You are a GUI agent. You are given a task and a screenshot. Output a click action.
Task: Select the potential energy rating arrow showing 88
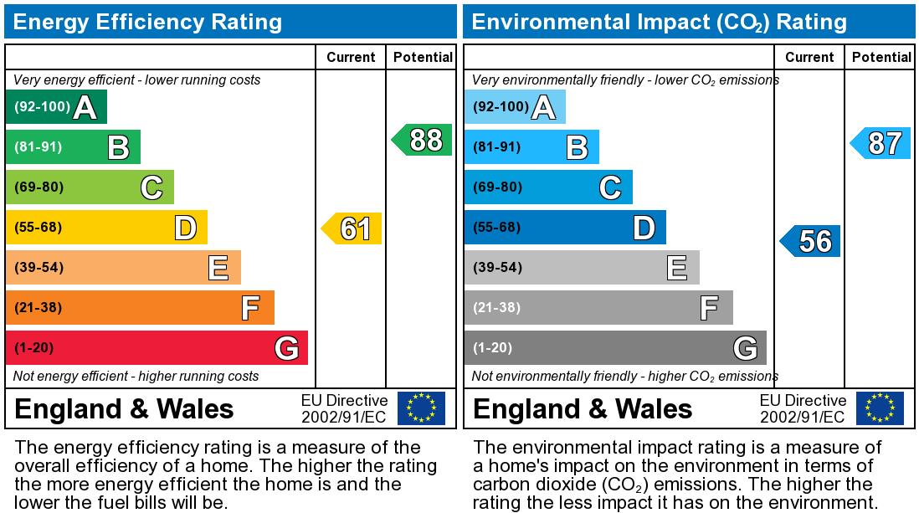pos(424,140)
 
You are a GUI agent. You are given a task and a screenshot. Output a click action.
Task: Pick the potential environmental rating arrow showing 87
pos(881,143)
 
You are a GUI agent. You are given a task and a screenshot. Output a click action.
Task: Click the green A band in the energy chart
pos(56,107)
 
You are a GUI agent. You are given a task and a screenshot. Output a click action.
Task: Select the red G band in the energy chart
pos(157,347)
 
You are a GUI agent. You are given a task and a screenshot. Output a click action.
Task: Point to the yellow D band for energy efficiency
pos(106,228)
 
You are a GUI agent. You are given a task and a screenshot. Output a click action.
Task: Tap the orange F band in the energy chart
pos(140,307)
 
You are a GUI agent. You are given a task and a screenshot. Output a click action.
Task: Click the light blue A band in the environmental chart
pos(515,107)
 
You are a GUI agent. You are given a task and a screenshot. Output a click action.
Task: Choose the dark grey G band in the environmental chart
pos(615,347)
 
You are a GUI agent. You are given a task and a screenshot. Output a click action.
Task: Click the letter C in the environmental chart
pos(610,187)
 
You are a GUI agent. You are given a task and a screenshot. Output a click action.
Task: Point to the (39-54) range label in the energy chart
pos(39,268)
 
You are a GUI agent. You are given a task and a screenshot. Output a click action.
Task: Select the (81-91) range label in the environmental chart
pos(497,147)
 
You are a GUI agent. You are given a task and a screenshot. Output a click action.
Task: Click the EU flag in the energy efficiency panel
pos(421,408)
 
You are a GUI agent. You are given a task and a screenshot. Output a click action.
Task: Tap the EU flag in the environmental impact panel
pos(880,408)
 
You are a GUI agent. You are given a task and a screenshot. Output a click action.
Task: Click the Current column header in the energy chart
pos(351,57)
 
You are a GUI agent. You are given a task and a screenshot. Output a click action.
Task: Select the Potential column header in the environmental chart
pos(881,57)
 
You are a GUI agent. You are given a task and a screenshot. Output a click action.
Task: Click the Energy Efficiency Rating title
pos(148,22)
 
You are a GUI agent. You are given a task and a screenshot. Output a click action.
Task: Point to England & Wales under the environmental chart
pos(583,409)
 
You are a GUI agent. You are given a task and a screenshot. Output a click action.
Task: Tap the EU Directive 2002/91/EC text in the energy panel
pos(344,408)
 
